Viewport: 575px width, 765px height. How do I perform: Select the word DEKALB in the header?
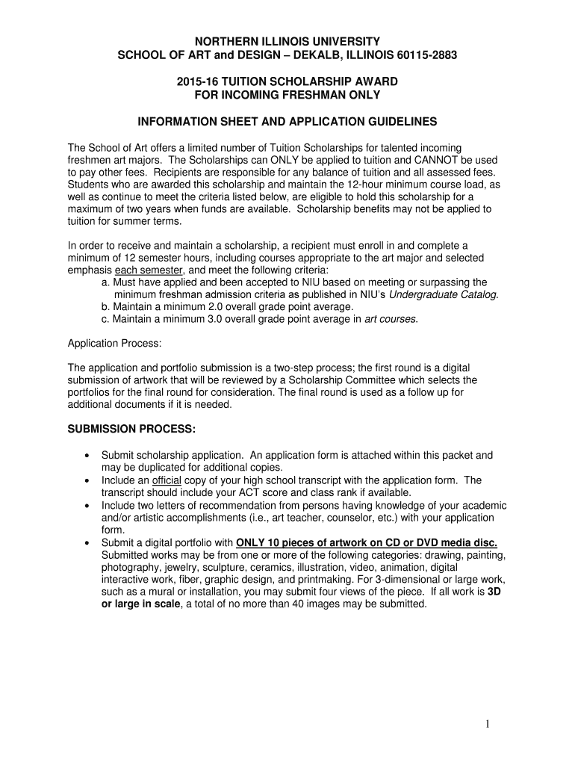click(x=301, y=55)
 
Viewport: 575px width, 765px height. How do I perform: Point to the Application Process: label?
click(x=114, y=343)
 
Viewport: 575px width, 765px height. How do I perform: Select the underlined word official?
click(x=167, y=480)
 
